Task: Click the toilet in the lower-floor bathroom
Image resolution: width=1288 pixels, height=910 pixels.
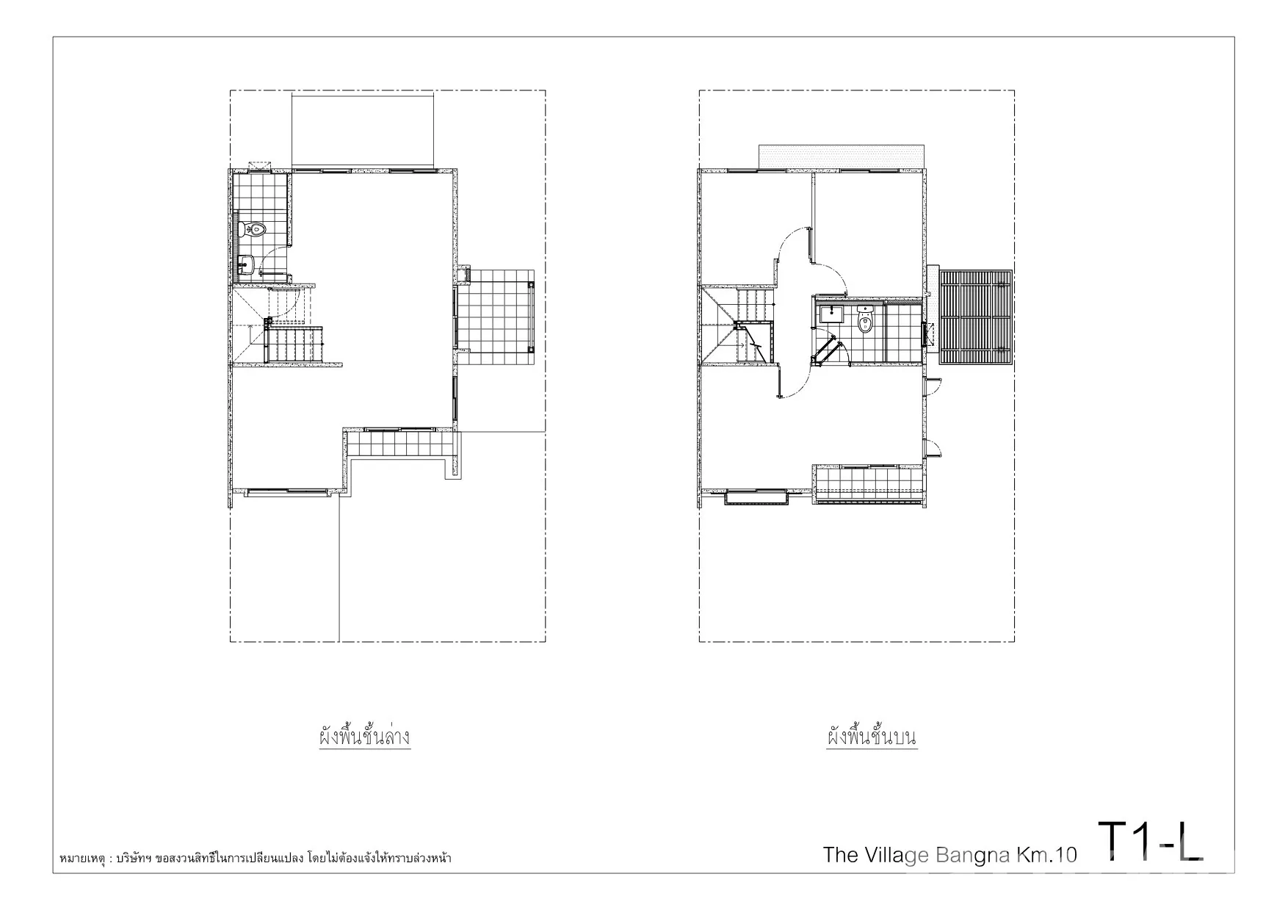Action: coord(252,229)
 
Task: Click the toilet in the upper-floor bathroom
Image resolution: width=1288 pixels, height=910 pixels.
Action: coord(866,319)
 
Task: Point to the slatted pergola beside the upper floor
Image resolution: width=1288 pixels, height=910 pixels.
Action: coord(977,317)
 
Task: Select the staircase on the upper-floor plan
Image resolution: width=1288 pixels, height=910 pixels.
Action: coord(738,325)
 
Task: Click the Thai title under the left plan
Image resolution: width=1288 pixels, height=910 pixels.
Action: coord(364,737)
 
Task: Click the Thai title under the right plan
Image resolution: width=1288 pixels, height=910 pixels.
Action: coord(872,737)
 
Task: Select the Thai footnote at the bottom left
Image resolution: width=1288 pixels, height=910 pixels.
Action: coord(255,857)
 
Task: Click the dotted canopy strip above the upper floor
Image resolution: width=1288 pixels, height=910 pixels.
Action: coord(841,156)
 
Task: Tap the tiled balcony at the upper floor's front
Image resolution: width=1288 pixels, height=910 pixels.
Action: coord(868,484)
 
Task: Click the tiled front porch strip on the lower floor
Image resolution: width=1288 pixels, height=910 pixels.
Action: coord(400,444)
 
